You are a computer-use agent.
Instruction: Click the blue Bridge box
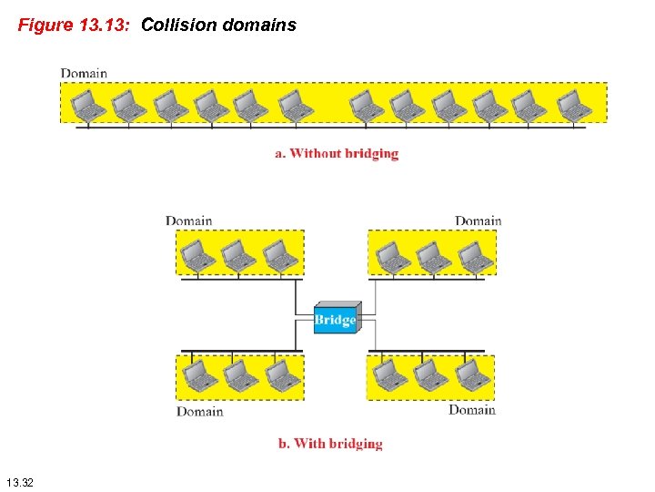point(336,319)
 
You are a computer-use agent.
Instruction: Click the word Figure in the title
point(45,26)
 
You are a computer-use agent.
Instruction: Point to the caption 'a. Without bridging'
point(337,153)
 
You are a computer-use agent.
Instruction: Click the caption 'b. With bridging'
point(330,444)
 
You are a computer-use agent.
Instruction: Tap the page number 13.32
point(19,481)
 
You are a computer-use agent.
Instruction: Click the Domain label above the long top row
point(84,73)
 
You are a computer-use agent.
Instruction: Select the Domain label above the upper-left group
point(188,220)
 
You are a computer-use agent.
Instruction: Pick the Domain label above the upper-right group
point(478,220)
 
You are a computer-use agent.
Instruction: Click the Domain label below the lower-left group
point(199,412)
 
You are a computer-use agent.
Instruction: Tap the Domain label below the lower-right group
point(471,410)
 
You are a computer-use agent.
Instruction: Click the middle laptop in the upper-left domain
point(239,255)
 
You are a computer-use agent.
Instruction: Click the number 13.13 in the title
point(104,26)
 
